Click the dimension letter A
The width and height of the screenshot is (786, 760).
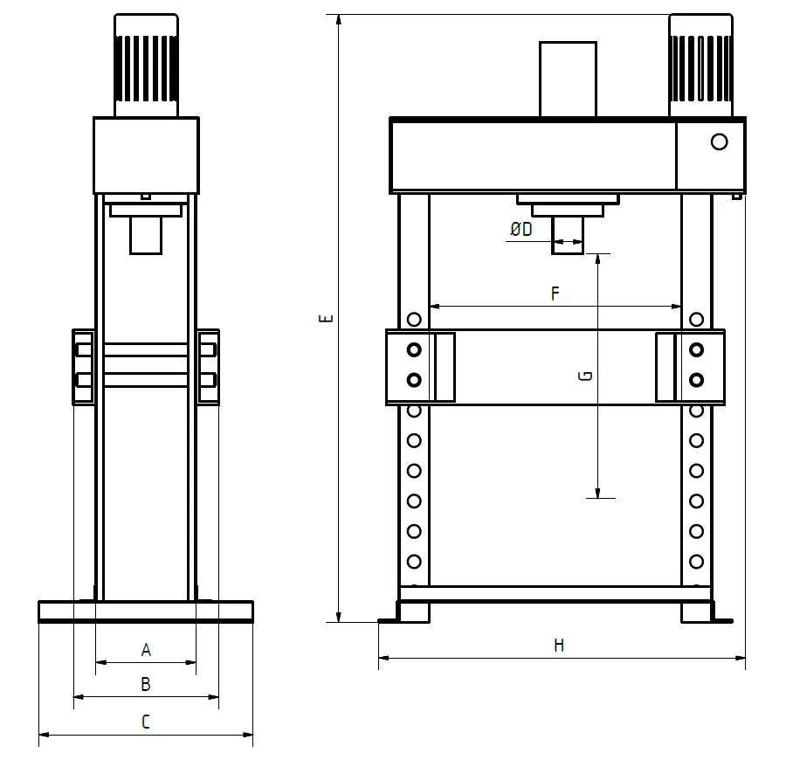146,650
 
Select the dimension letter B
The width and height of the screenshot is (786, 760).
146,684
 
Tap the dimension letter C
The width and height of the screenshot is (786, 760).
146,722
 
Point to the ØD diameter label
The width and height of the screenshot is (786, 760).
521,230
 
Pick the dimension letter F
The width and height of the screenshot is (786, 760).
555,294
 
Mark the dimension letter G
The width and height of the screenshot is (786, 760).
586,376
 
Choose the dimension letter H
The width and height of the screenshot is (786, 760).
559,646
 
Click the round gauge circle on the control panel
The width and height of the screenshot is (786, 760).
719,142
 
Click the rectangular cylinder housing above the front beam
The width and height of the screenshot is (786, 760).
568,79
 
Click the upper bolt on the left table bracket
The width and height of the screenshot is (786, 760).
414,350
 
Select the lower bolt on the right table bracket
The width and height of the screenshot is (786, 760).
696,380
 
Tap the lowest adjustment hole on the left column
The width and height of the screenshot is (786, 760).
414,562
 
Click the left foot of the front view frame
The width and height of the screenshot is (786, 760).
414,612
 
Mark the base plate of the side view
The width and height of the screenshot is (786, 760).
146,611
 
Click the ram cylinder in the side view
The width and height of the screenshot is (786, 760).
146,235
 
